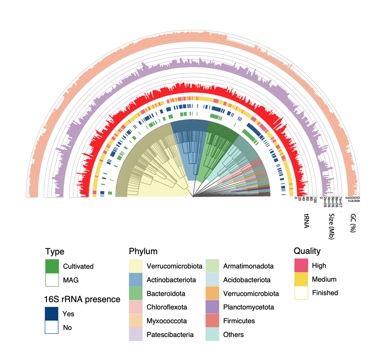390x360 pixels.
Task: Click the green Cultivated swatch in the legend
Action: pos(52,266)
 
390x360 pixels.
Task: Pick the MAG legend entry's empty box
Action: pos(52,280)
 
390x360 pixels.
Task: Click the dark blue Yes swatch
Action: pos(52,314)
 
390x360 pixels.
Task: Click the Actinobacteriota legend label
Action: pos(171,280)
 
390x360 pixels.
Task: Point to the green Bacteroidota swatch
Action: pos(135,293)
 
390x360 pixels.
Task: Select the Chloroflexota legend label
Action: pos(166,307)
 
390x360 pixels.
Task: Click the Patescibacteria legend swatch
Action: pos(135,334)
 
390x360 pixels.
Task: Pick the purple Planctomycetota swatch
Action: pos(212,307)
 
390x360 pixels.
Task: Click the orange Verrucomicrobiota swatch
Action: pos(212,293)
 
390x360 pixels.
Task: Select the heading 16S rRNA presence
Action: pos(82,299)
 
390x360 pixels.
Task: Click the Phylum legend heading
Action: pos(143,251)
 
